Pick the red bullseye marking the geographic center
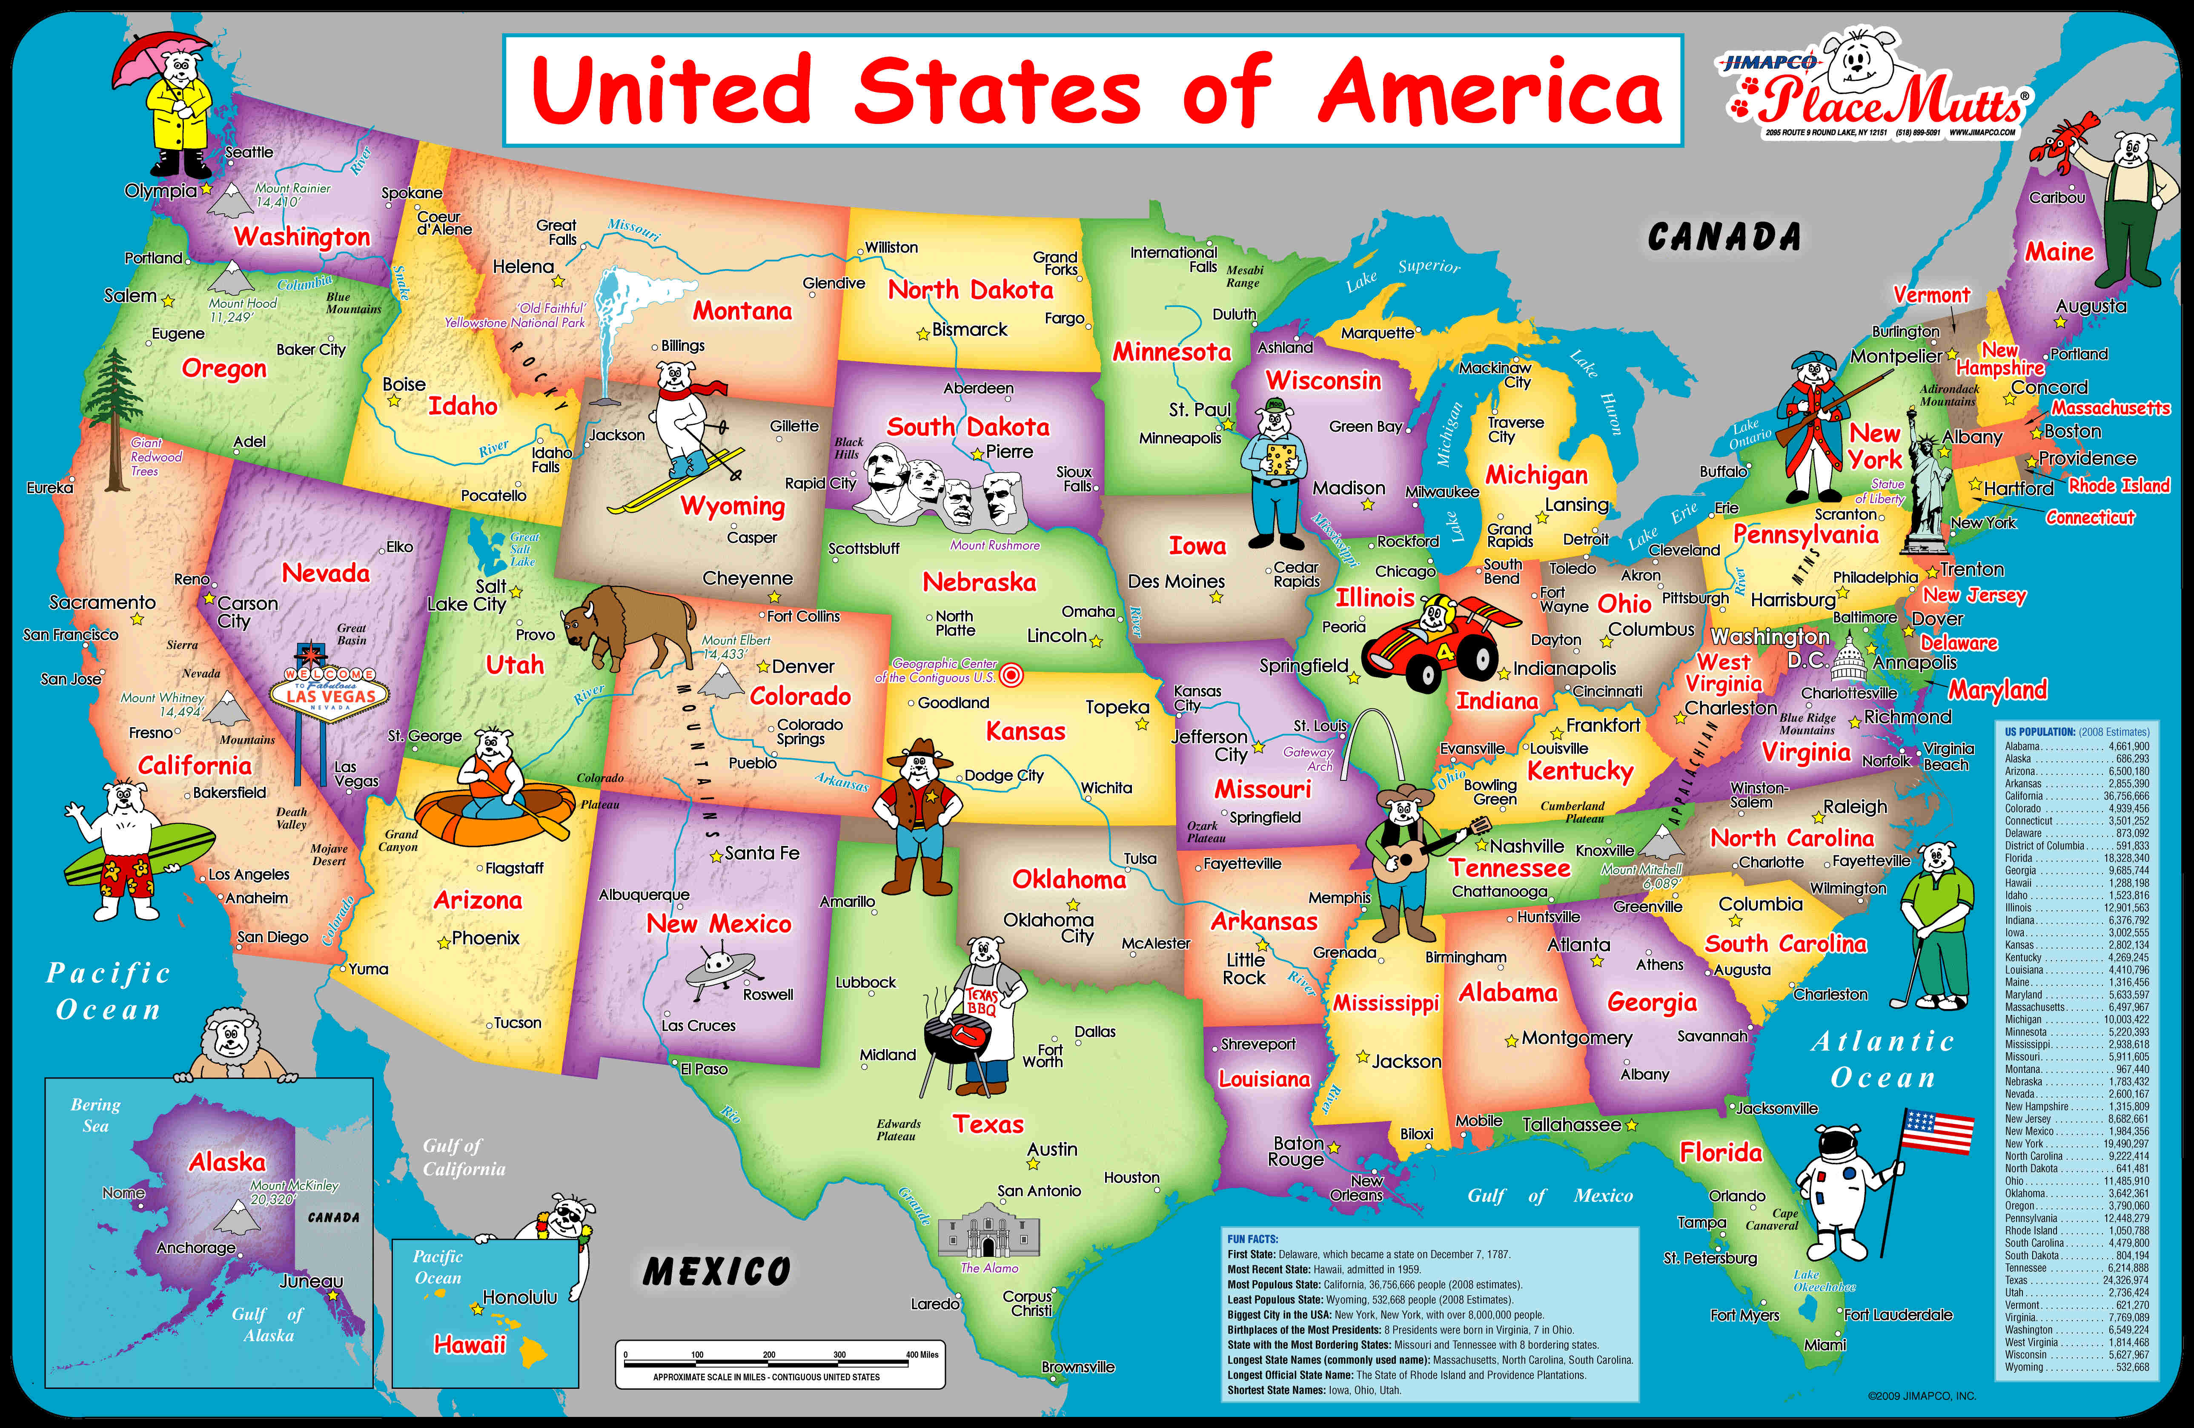(x=1011, y=676)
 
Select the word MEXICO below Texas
(x=716, y=1272)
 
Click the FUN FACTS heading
(x=1253, y=1239)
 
